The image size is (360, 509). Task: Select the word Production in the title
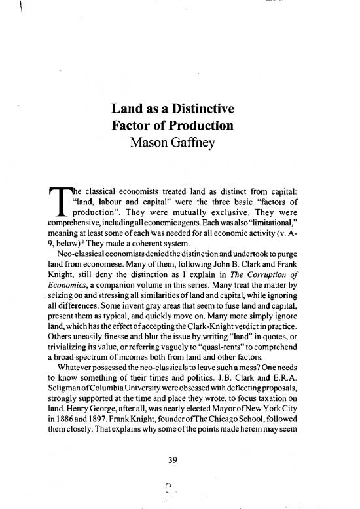pos(201,124)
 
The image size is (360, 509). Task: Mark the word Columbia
pos(115,374)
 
